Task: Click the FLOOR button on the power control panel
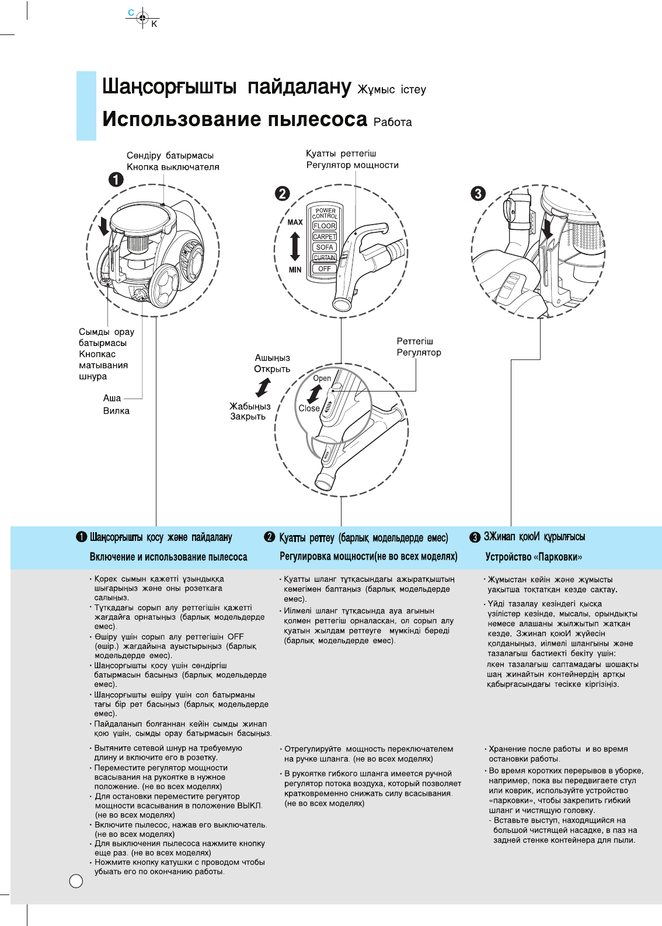point(325,226)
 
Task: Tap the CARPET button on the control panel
point(325,236)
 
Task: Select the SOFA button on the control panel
point(325,247)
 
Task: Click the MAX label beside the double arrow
point(295,222)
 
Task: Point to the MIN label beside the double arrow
point(295,270)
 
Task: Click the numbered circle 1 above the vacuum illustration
point(116,179)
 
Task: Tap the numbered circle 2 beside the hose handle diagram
point(283,194)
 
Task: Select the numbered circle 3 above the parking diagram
point(478,193)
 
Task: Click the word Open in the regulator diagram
point(322,378)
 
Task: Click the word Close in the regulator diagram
point(309,408)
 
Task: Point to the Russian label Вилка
point(116,411)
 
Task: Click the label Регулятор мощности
point(352,165)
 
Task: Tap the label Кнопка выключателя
point(173,167)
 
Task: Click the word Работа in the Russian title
point(392,122)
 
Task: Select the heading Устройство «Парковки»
point(534,557)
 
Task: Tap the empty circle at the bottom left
point(76,880)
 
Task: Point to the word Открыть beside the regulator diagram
point(271,369)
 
